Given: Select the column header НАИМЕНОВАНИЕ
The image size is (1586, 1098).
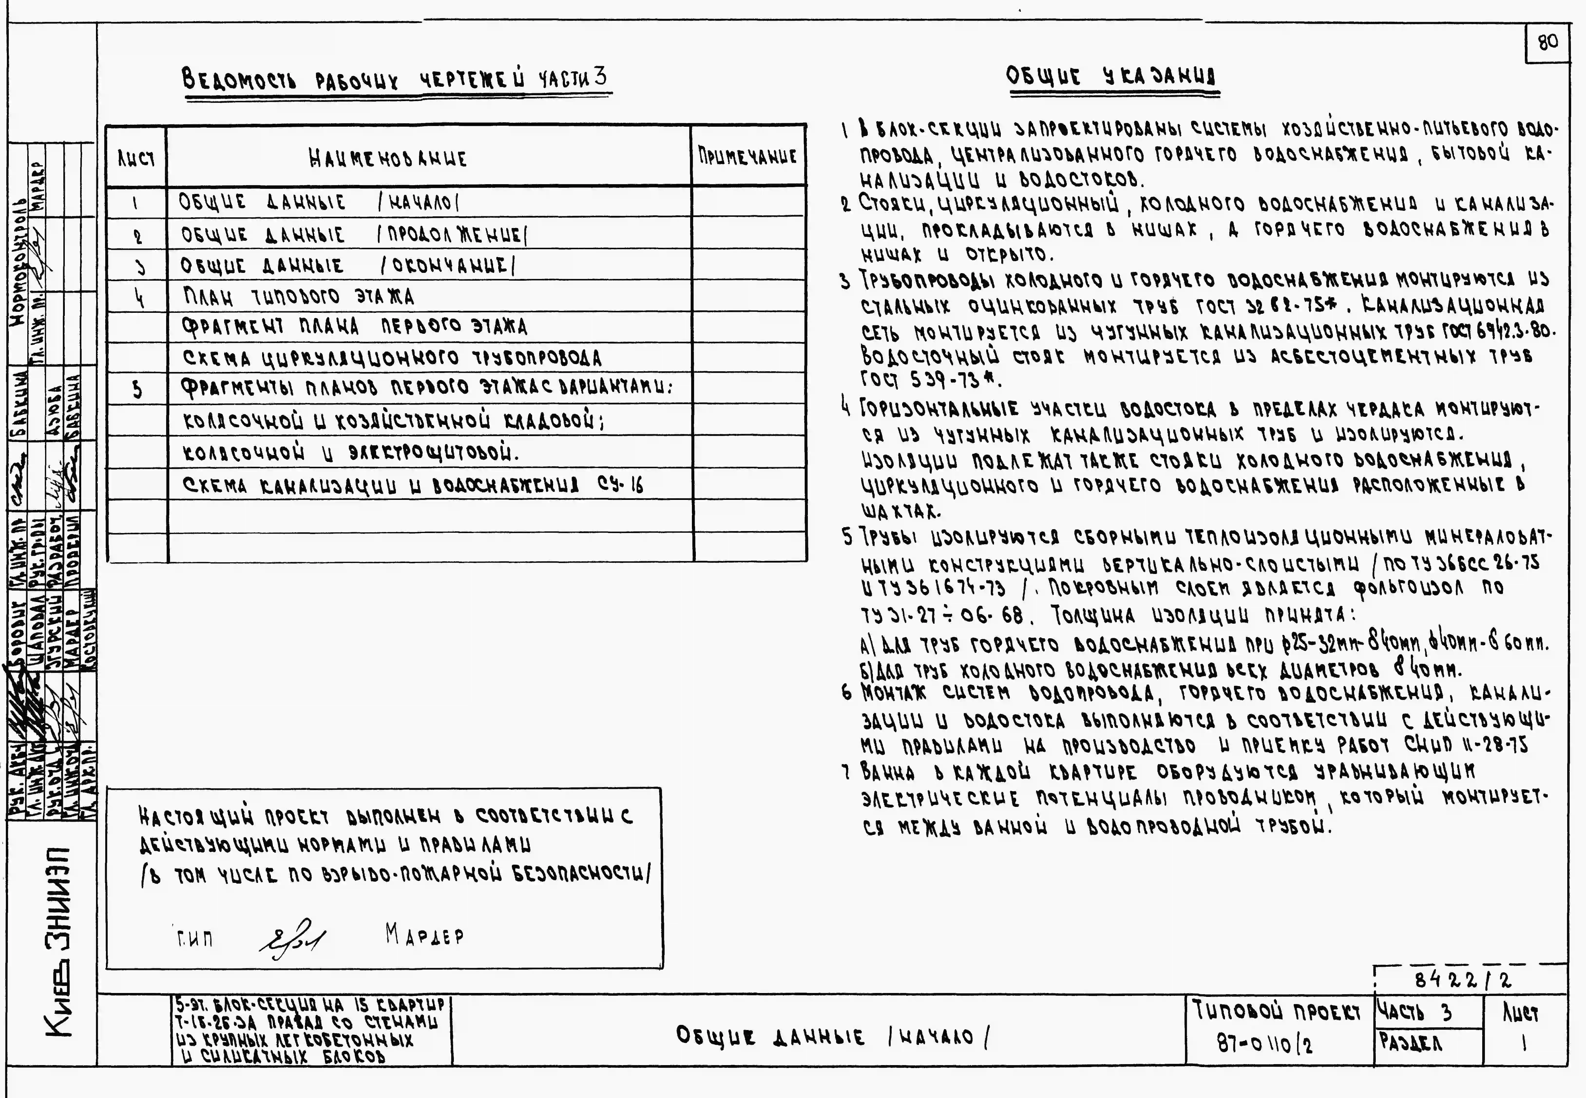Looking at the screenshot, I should (x=389, y=158).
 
